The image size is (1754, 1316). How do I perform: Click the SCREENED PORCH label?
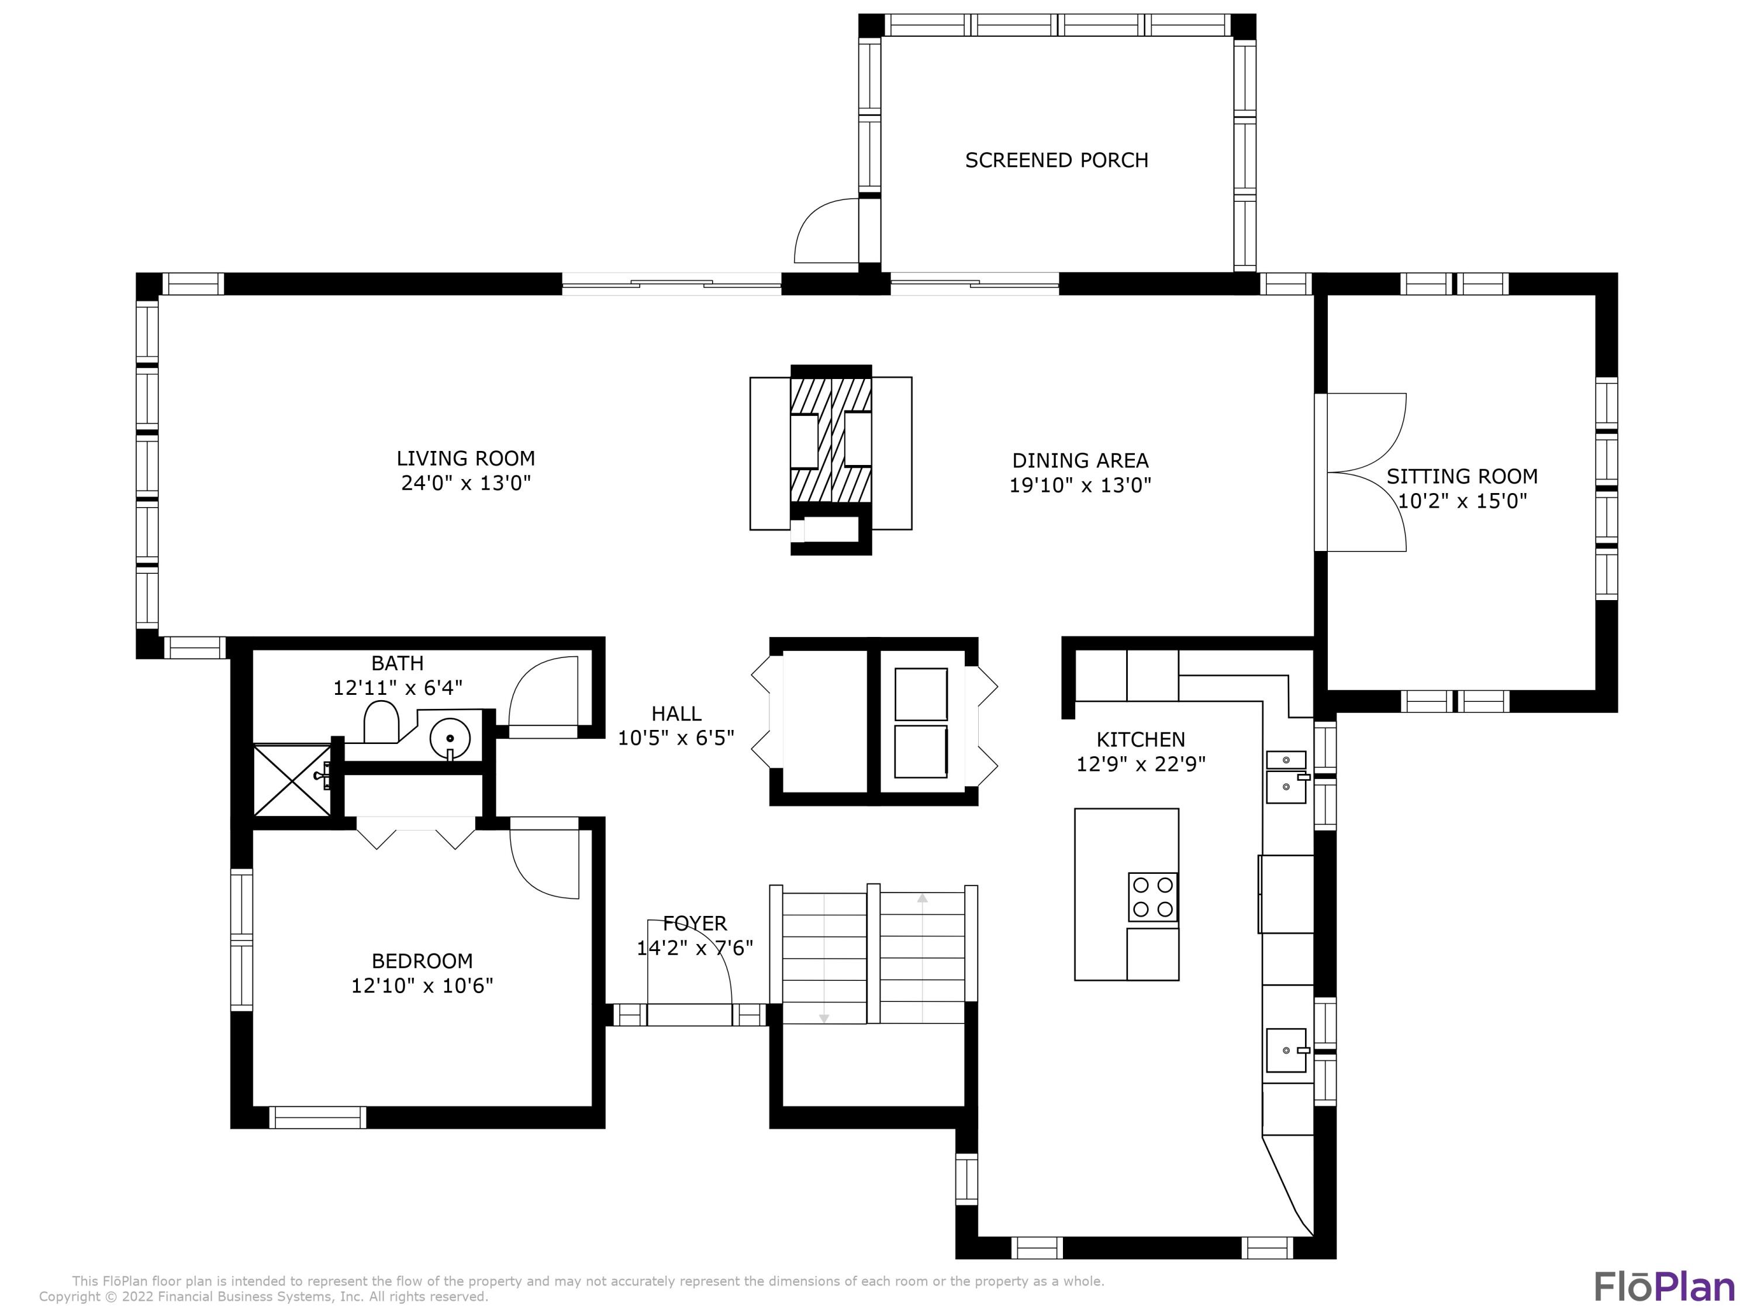point(1056,160)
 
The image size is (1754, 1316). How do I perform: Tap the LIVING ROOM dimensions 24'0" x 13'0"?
point(465,483)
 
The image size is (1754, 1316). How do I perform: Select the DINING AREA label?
point(1080,460)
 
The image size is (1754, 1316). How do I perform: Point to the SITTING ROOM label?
point(1462,476)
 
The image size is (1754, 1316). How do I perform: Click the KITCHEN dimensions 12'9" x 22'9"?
point(1141,764)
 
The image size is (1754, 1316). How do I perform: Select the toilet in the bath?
point(381,721)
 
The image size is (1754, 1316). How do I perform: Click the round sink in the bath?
point(450,739)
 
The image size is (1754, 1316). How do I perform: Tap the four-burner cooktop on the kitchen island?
point(1153,897)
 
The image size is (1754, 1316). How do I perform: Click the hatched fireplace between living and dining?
point(831,440)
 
